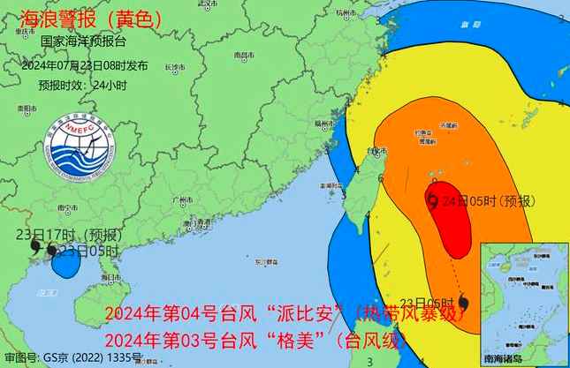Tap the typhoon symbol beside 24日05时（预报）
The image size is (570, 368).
click(x=432, y=202)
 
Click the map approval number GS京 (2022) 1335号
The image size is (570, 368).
click(x=72, y=358)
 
